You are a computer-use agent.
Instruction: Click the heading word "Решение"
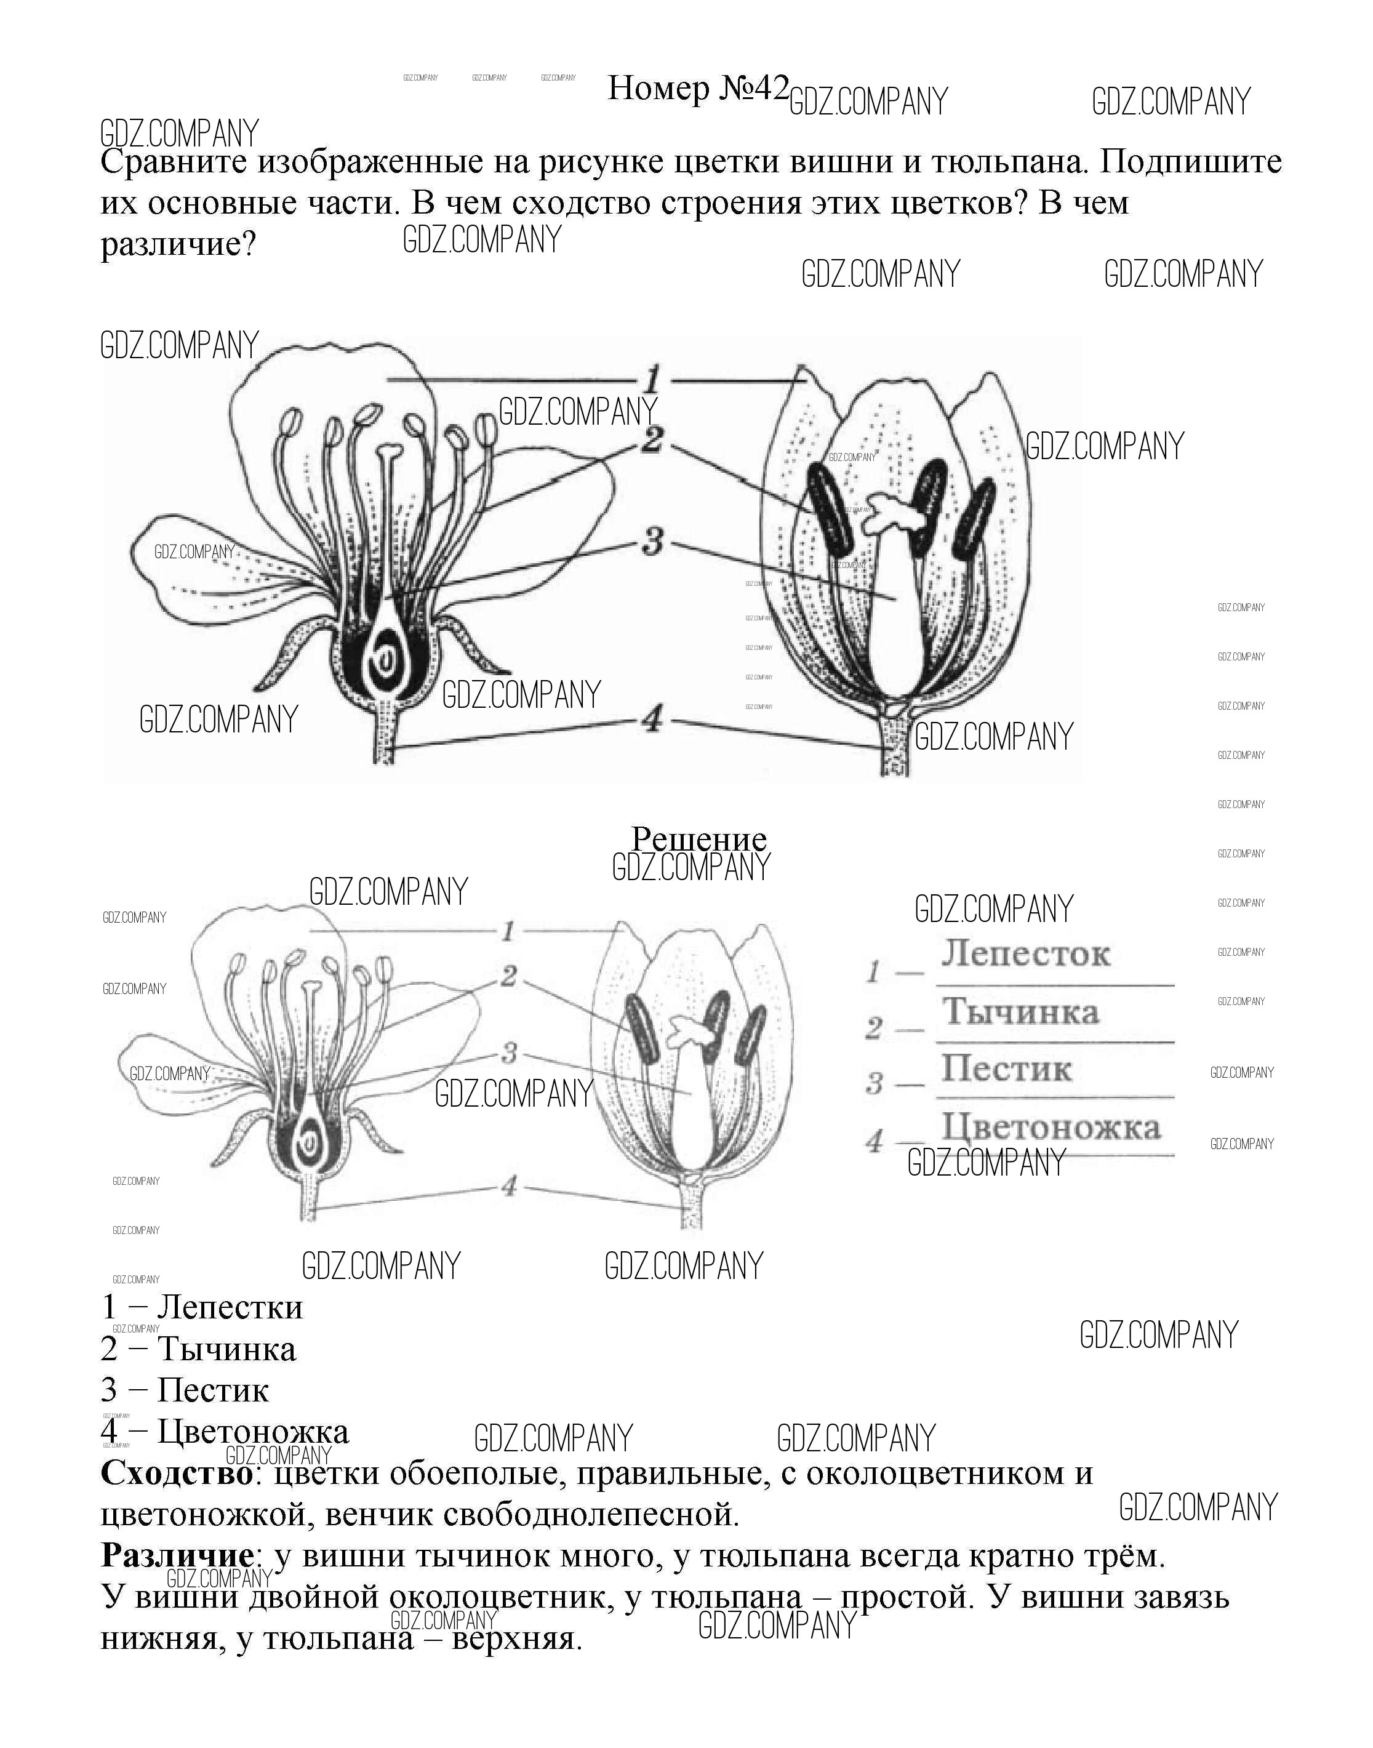point(699,840)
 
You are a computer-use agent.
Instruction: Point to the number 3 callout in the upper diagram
point(653,541)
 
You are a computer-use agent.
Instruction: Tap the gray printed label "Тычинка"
point(1020,1011)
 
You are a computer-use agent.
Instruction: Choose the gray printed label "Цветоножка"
point(1052,1127)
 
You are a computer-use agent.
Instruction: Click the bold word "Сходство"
point(177,1473)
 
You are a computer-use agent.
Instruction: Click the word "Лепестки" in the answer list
point(230,1307)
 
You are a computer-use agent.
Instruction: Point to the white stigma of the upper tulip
point(892,514)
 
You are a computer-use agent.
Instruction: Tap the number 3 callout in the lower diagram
point(509,1052)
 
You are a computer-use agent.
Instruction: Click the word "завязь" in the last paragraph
point(1181,1597)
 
